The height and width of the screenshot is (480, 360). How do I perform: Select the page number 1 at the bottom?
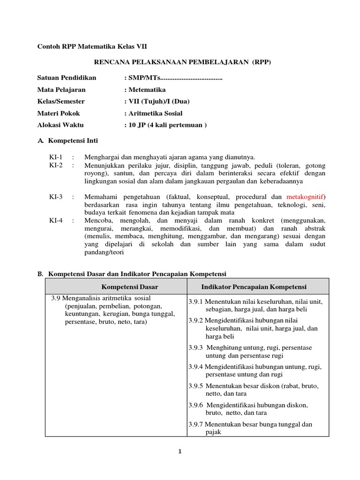click(180, 452)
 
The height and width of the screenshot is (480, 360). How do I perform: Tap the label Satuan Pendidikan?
click(67, 78)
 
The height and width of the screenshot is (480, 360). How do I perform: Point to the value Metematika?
click(147, 90)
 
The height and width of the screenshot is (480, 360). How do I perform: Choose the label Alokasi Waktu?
click(60, 125)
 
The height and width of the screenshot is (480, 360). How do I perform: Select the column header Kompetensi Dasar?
click(130, 286)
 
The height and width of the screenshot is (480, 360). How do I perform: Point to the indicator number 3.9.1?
click(196, 302)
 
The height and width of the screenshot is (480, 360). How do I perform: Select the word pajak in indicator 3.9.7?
click(213, 432)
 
